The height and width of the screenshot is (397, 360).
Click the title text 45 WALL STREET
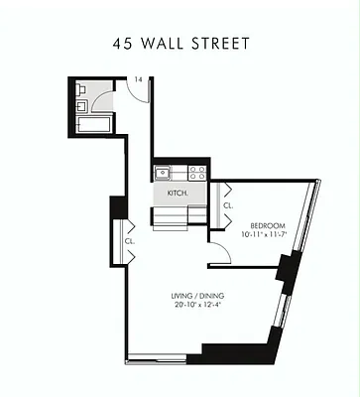click(180, 44)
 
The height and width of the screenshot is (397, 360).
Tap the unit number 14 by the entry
click(138, 80)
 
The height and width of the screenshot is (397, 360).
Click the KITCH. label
click(179, 193)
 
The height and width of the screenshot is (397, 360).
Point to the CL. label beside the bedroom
click(227, 205)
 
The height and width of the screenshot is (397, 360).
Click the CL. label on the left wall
click(129, 241)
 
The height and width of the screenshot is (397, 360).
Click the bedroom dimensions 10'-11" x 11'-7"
click(264, 236)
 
